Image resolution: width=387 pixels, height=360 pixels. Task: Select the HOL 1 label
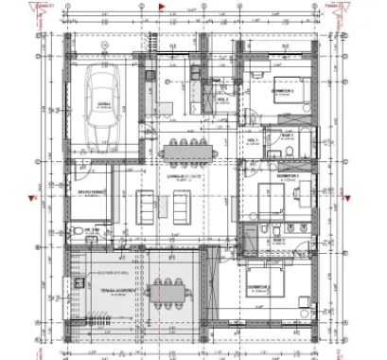click(253, 140)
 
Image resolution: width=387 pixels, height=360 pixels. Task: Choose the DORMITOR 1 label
click(287, 177)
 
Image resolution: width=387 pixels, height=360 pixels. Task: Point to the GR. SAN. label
click(92, 228)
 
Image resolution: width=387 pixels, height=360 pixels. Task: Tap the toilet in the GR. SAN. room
click(78, 233)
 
